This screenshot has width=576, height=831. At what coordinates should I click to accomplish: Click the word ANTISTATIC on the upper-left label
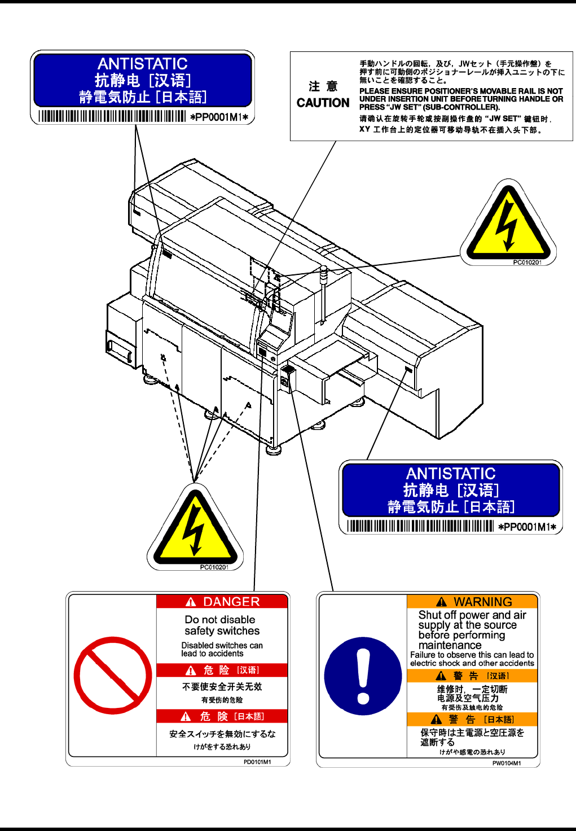click(x=142, y=64)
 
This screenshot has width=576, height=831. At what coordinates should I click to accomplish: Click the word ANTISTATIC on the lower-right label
click(x=451, y=474)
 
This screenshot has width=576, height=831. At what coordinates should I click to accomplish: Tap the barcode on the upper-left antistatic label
click(x=112, y=117)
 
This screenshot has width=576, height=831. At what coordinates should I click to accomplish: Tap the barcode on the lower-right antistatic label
click(x=420, y=527)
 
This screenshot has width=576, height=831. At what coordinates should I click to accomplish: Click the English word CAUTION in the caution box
click(x=323, y=103)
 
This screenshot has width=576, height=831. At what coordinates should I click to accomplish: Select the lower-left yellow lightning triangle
click(x=195, y=530)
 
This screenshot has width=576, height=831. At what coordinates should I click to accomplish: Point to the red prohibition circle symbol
click(x=113, y=675)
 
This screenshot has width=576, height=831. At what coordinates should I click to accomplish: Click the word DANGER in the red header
click(x=231, y=602)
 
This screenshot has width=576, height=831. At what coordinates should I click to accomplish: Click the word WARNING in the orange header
click(x=483, y=602)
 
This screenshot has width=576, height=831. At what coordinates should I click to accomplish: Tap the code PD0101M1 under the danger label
click(x=257, y=762)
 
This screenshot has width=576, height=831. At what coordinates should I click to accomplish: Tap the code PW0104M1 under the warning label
click(x=507, y=763)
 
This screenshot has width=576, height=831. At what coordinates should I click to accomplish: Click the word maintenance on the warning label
click(x=450, y=645)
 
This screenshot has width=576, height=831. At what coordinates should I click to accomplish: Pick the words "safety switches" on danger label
click(x=222, y=631)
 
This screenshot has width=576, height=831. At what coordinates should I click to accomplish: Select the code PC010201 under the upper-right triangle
click(x=527, y=263)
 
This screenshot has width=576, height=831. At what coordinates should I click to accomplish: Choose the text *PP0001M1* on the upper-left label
click(x=219, y=117)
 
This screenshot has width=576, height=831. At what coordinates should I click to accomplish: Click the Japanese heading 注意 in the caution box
click(x=323, y=86)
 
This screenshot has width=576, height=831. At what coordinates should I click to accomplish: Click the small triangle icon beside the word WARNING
click(x=442, y=602)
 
